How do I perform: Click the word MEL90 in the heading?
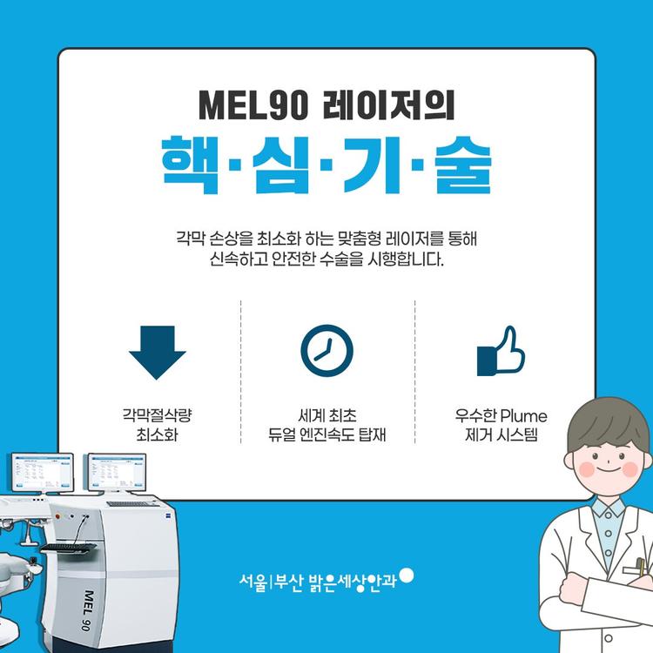tap(253, 105)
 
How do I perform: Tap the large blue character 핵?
tap(191, 165)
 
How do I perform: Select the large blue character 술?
tap(463, 165)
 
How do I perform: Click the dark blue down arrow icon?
tap(158, 353)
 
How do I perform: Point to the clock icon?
tap(326, 351)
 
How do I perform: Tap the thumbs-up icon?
tap(501, 351)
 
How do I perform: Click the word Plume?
tap(524, 415)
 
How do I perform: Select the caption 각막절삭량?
tap(157, 415)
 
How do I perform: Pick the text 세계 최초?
tap(326, 415)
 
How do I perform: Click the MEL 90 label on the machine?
tap(87, 609)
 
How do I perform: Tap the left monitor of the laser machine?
tap(43, 472)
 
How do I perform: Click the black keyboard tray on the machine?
tap(69, 548)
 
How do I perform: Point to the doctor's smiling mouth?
tap(608, 470)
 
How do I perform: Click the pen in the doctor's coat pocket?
tap(641, 568)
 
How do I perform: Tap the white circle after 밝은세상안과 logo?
tap(406, 576)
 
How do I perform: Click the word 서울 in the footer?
tap(252, 582)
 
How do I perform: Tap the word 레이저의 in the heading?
tap(389, 105)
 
